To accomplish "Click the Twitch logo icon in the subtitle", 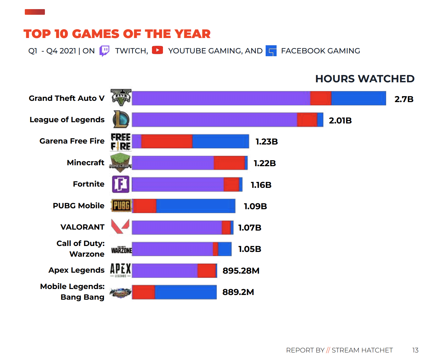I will coord(104,51).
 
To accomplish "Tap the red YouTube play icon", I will coord(157,50).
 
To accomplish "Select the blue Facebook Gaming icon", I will coord(271,51).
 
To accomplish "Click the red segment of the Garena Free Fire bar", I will coord(167,141).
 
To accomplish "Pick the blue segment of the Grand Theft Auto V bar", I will coord(358,98).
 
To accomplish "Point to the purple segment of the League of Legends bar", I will coord(214,120).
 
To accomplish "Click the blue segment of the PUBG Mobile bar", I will coord(196,206).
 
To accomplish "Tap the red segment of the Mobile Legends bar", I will coord(144,292).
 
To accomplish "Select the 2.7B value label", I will coord(404,99).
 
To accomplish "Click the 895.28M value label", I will coord(241,271).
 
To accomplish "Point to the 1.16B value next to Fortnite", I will coord(261,185).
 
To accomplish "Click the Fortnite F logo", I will coord(121,184).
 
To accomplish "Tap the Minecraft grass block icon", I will coord(120,162).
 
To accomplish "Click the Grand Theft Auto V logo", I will coord(121,97).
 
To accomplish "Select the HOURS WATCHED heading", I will coord(365,79).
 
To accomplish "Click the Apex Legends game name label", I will coord(76,270).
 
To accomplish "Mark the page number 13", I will coord(415,350).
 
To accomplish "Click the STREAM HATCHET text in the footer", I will coord(362,350).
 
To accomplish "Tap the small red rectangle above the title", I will coord(35,12).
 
